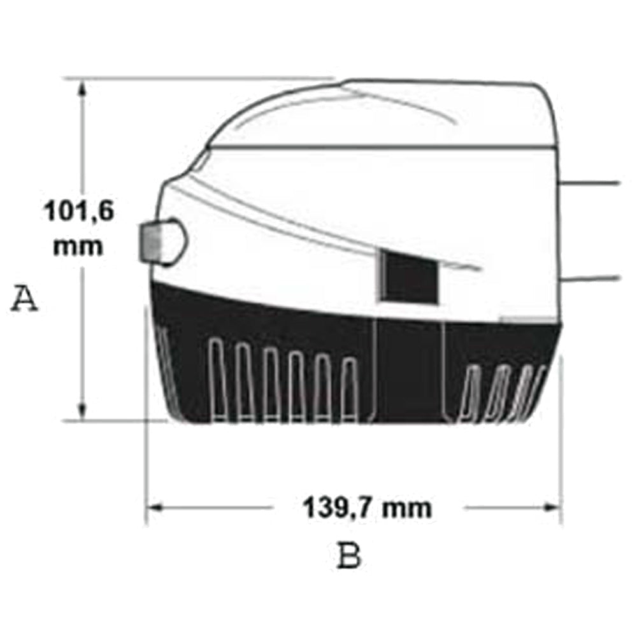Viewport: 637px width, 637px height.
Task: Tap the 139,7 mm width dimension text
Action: click(368, 508)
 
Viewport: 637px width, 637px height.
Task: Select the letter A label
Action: click(24, 299)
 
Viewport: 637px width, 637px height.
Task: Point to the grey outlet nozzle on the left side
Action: click(163, 242)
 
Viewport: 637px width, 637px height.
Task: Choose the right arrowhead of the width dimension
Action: click(554, 508)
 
